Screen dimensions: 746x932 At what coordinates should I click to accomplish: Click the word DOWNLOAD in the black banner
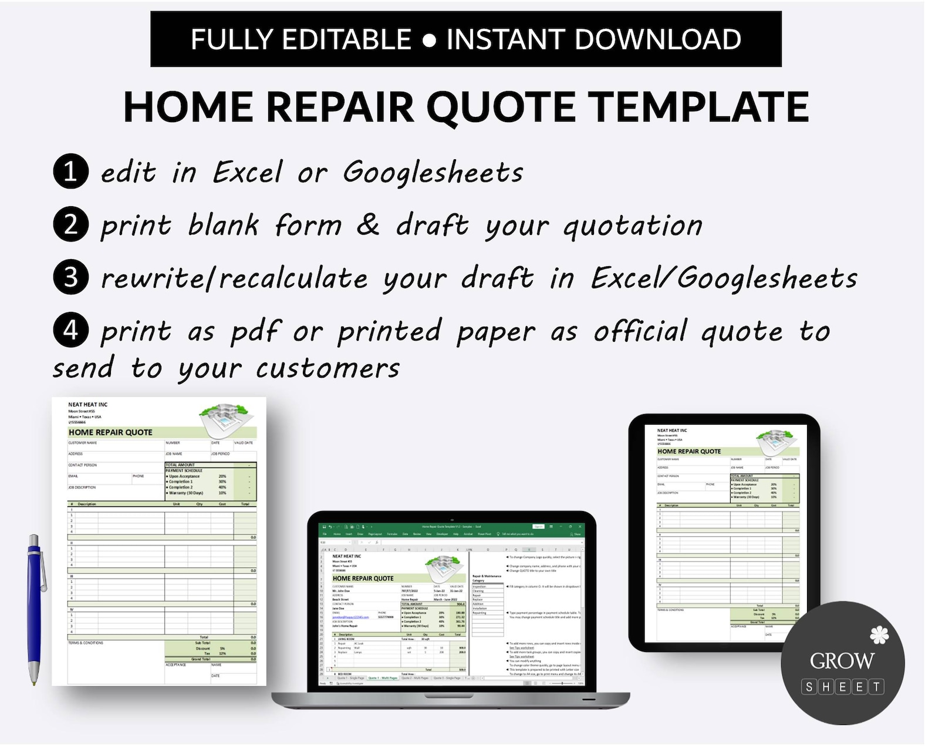[x=657, y=40]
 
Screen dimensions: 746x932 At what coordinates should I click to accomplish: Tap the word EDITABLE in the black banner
[x=346, y=40]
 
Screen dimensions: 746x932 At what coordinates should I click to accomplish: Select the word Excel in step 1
[x=247, y=172]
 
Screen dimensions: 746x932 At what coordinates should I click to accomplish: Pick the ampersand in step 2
[x=368, y=224]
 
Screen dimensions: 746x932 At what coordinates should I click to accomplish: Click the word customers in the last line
[x=327, y=369]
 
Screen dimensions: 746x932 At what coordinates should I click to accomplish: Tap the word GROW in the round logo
[x=842, y=661]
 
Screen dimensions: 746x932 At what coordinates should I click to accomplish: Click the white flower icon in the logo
[x=879, y=635]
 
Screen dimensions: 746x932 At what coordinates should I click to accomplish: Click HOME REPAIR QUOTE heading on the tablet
[x=689, y=451]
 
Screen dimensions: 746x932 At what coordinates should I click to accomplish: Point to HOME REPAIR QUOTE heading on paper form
[x=110, y=432]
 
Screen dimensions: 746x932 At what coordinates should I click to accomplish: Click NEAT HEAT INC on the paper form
[x=88, y=405]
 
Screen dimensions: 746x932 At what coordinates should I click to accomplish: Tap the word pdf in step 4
[x=255, y=332]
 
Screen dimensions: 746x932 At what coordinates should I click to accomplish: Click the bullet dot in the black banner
[x=429, y=41]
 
